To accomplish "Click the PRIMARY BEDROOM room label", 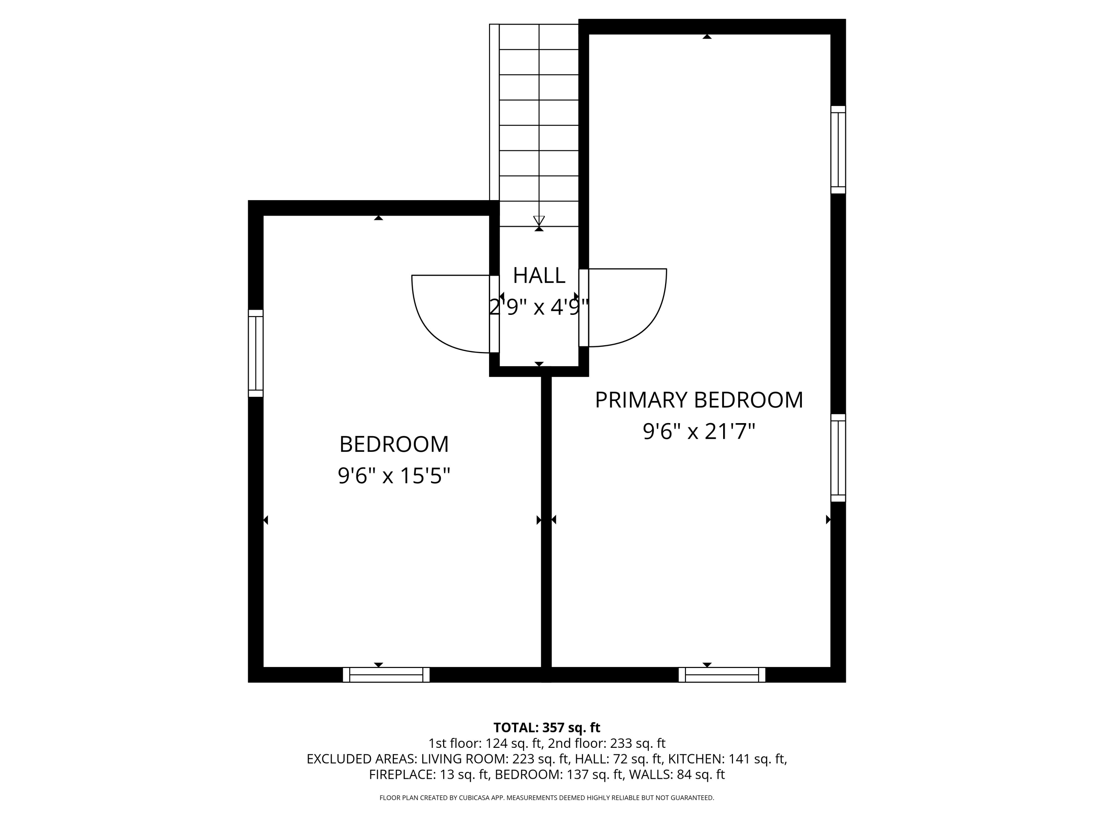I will pos(698,400).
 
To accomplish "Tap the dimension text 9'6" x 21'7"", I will pos(698,432).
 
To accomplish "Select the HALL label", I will pos(539,275).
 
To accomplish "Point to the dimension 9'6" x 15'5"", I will pos(394,476).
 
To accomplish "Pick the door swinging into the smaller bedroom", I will pos(450,314).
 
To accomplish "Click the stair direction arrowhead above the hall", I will pos(539,220).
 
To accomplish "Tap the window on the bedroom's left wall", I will pos(255,353).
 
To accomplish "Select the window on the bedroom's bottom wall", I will pos(386,675).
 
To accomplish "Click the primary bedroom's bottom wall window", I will pos(722,675).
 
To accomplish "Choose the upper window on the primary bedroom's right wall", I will pos(838,149).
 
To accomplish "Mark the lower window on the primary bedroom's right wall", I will pos(838,458).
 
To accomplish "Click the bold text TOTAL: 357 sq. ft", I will pos(547,727).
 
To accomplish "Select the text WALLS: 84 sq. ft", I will pos(676,774).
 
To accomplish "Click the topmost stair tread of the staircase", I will pos(539,36).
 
